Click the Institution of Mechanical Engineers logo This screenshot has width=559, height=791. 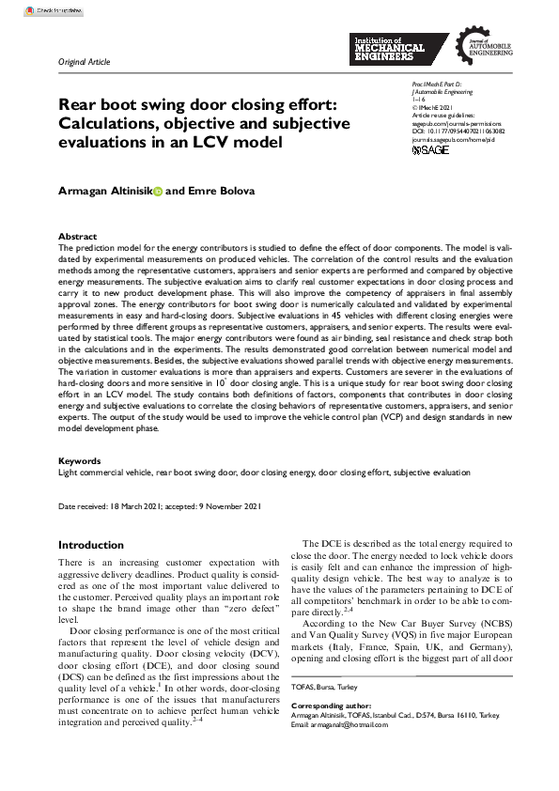[x=390, y=48]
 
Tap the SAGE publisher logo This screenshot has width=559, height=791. [x=431, y=149]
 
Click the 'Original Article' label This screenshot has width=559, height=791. [x=85, y=62]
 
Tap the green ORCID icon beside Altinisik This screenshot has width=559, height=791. [x=157, y=191]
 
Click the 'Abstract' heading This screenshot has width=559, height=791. [x=77, y=237]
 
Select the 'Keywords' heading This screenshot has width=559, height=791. [x=80, y=461]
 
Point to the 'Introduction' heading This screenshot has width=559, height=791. [x=90, y=545]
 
